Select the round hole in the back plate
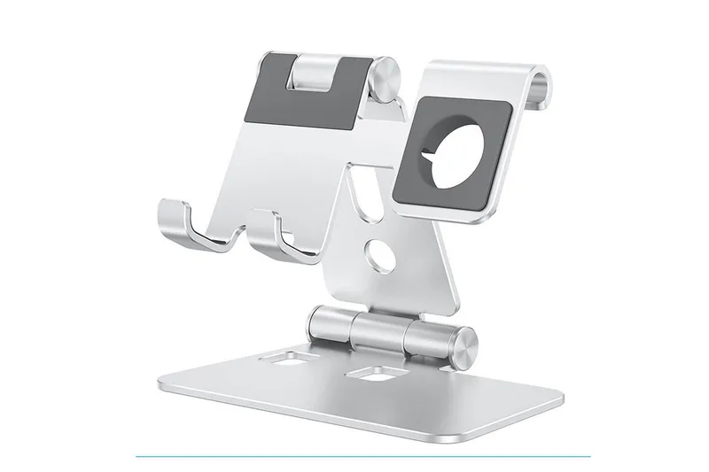pos(380,256)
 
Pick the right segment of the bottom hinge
pos(431,340)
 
